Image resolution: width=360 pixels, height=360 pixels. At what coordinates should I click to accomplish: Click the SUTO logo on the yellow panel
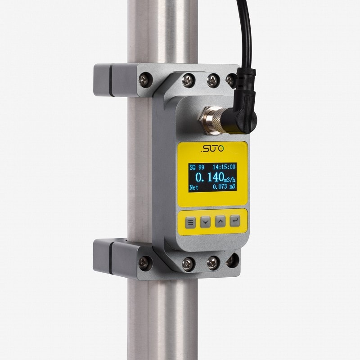pyautogui.click(x=212, y=148)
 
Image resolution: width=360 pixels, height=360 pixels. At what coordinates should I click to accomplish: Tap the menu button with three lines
pyautogui.click(x=190, y=222)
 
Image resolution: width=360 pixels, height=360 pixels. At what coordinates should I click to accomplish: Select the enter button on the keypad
pyautogui.click(x=235, y=221)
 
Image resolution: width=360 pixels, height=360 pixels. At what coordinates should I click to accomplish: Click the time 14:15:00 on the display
pyautogui.click(x=224, y=167)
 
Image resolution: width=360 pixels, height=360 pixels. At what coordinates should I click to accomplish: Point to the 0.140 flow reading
pyautogui.click(x=210, y=177)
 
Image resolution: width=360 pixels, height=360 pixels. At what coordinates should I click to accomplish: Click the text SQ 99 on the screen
pyautogui.click(x=197, y=167)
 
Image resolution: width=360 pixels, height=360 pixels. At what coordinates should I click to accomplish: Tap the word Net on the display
pyautogui.click(x=194, y=187)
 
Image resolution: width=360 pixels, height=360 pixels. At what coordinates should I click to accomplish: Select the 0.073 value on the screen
pyautogui.click(x=220, y=187)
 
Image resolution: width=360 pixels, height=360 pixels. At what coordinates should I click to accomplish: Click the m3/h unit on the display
pyautogui.click(x=230, y=179)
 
